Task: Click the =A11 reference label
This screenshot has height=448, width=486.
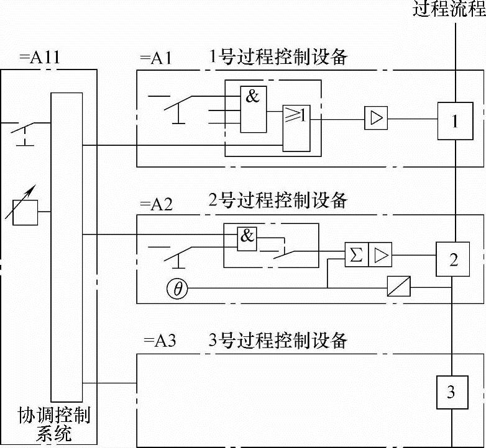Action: click(39, 60)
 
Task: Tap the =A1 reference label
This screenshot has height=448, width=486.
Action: click(156, 60)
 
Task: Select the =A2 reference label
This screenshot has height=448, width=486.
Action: click(156, 204)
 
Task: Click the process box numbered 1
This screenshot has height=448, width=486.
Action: click(454, 121)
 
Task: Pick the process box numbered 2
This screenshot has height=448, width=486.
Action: click(454, 259)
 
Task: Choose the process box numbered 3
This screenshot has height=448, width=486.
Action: click(452, 392)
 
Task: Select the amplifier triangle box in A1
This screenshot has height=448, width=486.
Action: click(376, 118)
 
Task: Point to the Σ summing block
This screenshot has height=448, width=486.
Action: click(357, 254)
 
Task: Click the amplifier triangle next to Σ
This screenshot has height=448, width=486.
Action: click(380, 254)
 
